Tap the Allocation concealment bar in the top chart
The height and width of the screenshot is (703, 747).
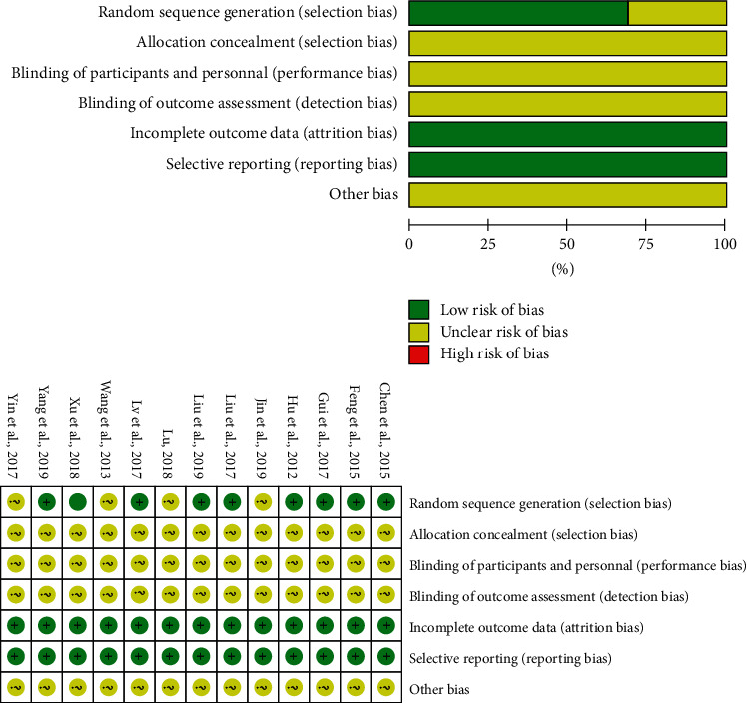[567, 43]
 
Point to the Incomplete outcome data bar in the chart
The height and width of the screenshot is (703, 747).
[567, 133]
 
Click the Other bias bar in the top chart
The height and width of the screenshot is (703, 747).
[567, 193]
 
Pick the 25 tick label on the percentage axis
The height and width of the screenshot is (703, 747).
[488, 243]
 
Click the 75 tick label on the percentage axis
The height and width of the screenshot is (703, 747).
[646, 243]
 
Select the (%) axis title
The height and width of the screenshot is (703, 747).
[567, 268]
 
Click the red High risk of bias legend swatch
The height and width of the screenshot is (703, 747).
[420, 353]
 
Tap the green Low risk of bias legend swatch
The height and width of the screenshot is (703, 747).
[420, 308]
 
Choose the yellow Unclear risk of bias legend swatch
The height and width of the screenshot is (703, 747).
[420, 331]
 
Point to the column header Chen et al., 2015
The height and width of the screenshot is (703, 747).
[385, 424]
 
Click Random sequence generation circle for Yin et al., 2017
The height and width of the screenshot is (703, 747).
[15, 503]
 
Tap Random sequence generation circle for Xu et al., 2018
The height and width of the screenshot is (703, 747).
[77, 503]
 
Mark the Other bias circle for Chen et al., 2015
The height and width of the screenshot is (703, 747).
[385, 689]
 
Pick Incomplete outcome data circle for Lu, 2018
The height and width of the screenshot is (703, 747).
[170, 627]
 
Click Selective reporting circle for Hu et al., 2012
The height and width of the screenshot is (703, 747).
[294, 658]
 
